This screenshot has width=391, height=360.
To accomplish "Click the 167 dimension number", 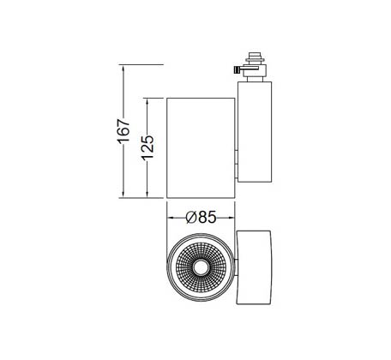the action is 123,131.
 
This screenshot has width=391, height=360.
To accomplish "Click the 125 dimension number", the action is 147,147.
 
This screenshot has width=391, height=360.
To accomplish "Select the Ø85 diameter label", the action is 201,218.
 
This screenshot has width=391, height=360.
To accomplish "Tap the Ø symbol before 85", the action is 190,218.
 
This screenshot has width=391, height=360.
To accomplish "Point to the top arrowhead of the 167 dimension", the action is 123,69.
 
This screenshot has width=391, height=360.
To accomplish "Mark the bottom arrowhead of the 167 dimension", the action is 123,194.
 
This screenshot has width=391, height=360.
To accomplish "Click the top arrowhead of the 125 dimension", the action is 147,102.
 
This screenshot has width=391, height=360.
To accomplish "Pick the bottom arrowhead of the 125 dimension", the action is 147,194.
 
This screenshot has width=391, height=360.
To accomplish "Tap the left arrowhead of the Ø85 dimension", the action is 171,218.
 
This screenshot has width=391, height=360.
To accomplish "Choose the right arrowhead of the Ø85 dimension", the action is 231,218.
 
